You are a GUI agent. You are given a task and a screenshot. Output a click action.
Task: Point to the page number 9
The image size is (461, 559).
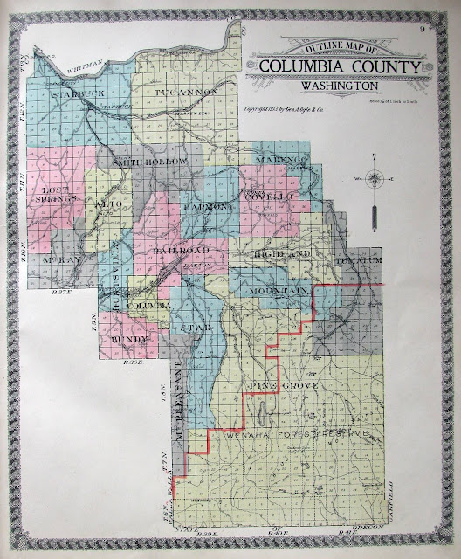[422, 33]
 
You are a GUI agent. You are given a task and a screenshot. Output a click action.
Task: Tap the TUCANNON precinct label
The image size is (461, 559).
[181, 92]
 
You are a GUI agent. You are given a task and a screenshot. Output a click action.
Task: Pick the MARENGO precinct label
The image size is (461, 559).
[279, 160]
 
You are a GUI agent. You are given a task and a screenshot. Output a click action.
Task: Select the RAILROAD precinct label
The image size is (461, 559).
[179, 250]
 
